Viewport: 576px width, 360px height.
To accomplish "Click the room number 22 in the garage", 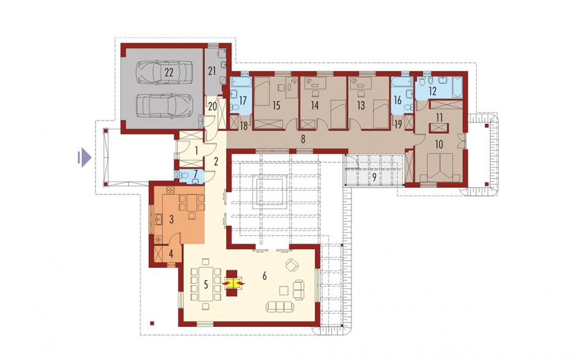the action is [x=169, y=72].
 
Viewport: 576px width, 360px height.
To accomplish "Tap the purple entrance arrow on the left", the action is [x=84, y=158].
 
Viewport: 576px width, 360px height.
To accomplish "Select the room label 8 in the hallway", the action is [x=303, y=139].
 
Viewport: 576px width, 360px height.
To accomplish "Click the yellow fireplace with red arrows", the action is [x=232, y=283].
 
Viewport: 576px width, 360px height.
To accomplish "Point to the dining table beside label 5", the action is [x=206, y=284].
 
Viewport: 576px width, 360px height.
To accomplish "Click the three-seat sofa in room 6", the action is [x=280, y=306].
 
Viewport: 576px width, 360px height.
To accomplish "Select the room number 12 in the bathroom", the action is [x=433, y=91].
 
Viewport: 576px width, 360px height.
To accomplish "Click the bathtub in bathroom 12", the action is [x=457, y=87].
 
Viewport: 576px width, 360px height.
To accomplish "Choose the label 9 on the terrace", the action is [x=374, y=177].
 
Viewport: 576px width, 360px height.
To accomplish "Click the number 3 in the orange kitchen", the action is [x=171, y=220].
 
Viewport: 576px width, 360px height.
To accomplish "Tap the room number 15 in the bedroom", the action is [x=276, y=105].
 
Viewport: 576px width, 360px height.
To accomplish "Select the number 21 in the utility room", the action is [x=212, y=71].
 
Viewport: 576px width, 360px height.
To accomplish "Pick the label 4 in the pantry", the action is [x=171, y=253].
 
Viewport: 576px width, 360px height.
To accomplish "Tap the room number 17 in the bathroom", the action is [x=243, y=99].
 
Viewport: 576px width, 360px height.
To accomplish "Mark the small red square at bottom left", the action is [x=152, y=323].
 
